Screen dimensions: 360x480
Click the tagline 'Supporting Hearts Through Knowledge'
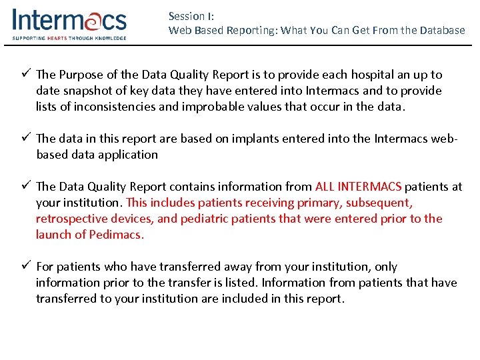(x=69, y=38)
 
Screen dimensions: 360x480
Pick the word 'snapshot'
(x=88, y=91)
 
